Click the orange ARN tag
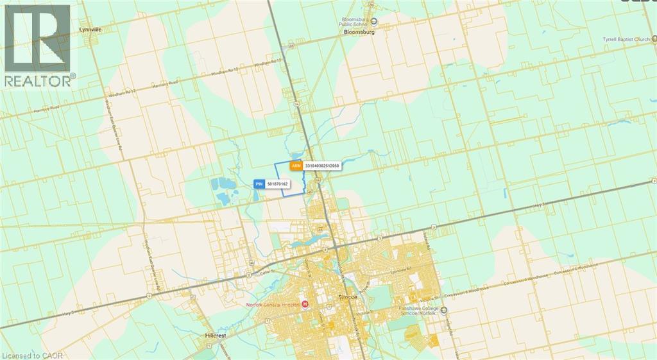296,166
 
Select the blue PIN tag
259,184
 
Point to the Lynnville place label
90,30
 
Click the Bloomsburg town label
358,31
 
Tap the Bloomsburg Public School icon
375,21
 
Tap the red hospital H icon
305,304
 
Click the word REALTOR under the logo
37,81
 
